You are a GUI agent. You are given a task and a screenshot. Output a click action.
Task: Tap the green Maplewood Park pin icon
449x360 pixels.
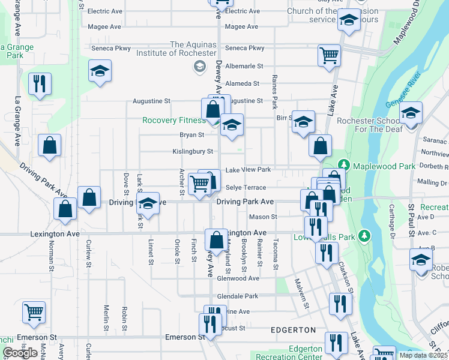pos(343,164)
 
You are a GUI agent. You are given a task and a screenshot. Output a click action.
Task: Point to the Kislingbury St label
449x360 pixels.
pos(193,151)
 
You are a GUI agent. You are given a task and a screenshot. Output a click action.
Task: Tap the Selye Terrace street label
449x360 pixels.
pos(246,188)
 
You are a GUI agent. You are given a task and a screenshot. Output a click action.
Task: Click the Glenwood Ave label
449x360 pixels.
pos(238,278)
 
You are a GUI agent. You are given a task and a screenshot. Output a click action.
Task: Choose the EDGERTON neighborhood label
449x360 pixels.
pos(293,330)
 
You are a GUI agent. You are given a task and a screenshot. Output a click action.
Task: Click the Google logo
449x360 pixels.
pos(20,353)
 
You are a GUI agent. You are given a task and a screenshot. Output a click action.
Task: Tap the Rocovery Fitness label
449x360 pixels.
pos(173,120)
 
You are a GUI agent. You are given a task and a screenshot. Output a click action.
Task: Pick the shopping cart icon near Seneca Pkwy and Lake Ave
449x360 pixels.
pos(329,55)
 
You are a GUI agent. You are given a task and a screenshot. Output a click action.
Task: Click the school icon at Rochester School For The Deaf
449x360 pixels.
pos(411,112)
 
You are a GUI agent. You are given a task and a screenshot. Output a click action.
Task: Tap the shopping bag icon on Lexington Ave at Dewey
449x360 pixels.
pos(215,240)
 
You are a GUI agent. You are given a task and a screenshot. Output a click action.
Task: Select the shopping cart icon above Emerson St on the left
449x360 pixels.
pos(34,311)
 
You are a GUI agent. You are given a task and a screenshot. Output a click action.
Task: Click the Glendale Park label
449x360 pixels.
pos(238,296)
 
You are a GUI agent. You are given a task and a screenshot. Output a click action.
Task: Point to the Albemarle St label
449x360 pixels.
pos(244,66)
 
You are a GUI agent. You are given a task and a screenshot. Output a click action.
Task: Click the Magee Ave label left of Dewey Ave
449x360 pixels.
pos(105,26)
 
